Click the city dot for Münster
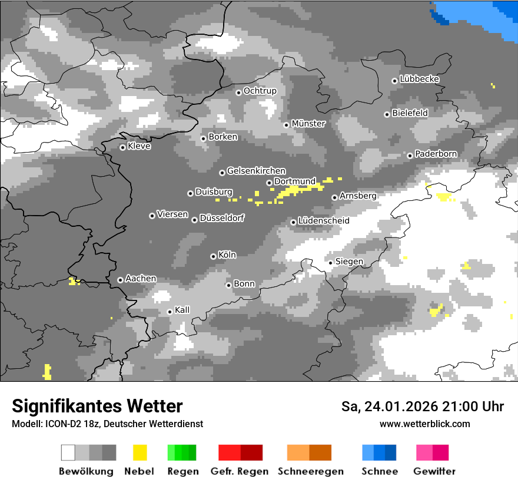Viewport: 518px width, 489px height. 286,125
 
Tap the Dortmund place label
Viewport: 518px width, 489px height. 295,181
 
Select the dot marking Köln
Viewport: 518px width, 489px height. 213,256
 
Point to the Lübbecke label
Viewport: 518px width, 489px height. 419,79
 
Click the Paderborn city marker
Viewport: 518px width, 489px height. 410,156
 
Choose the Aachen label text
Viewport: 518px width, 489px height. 141,279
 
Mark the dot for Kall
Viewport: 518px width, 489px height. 170,312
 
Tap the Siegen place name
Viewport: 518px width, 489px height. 349,262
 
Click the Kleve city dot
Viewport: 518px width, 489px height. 122,147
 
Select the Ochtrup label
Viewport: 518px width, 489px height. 260,91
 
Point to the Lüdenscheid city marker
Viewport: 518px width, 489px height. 293,222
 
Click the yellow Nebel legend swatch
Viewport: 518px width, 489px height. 140,452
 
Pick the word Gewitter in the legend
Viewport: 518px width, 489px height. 434,471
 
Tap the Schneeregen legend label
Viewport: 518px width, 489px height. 311,471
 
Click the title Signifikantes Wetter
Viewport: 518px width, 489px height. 97,406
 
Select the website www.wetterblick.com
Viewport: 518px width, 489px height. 424,424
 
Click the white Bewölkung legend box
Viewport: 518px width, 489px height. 68,452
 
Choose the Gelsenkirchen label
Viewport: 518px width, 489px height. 256,171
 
